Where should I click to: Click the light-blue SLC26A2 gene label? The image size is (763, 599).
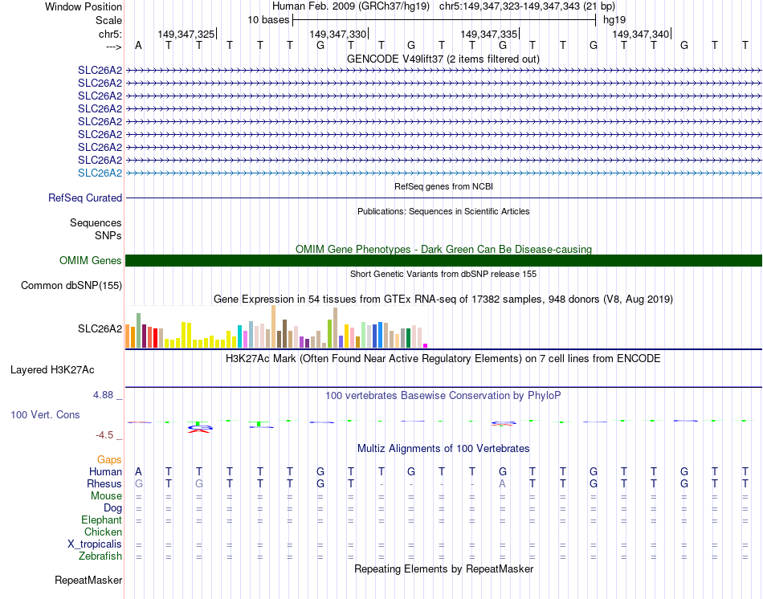point(100,173)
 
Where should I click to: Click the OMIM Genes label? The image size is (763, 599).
point(91,260)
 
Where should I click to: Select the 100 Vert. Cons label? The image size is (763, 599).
point(45,415)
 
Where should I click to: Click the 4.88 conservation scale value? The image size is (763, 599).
point(104,395)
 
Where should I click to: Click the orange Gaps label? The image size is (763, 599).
point(109,459)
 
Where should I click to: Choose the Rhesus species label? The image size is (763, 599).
point(104,483)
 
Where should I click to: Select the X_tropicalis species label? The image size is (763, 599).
point(95,544)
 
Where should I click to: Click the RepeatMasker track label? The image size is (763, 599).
point(88,580)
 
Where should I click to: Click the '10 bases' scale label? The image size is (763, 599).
point(268,19)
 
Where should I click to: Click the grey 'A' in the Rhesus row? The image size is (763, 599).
point(502,483)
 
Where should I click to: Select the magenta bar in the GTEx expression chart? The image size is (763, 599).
point(425,345)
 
